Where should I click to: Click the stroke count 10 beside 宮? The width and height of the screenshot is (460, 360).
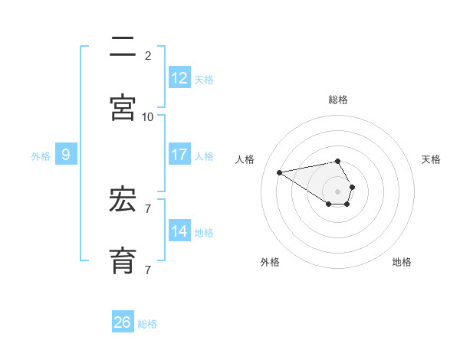pyautogui.click(x=148, y=116)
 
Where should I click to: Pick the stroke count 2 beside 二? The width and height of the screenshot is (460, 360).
pyautogui.click(x=148, y=55)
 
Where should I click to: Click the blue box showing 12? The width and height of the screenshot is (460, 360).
pyautogui.click(x=179, y=77)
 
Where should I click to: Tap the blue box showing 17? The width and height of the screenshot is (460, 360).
pyautogui.click(x=179, y=155)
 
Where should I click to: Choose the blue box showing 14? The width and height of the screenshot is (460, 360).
pyautogui.click(x=179, y=231)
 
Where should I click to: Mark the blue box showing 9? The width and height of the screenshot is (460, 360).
pyautogui.click(x=66, y=155)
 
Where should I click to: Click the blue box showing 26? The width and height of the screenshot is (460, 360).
pyautogui.click(x=123, y=322)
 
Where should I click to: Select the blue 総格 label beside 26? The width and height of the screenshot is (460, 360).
pyautogui.click(x=147, y=324)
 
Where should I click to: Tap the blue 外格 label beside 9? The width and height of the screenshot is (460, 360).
pyautogui.click(x=41, y=156)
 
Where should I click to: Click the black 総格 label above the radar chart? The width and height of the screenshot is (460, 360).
pyautogui.click(x=338, y=100)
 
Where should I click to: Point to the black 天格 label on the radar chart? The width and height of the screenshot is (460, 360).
pyautogui.click(x=432, y=159)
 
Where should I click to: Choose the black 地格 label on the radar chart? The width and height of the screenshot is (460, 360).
pyautogui.click(x=402, y=262)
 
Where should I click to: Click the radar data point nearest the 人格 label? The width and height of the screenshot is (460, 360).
pyautogui.click(x=280, y=172)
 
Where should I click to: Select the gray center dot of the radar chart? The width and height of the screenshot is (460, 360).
pyautogui.click(x=338, y=191)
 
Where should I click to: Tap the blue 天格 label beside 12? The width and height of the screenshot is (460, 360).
pyautogui.click(x=204, y=80)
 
